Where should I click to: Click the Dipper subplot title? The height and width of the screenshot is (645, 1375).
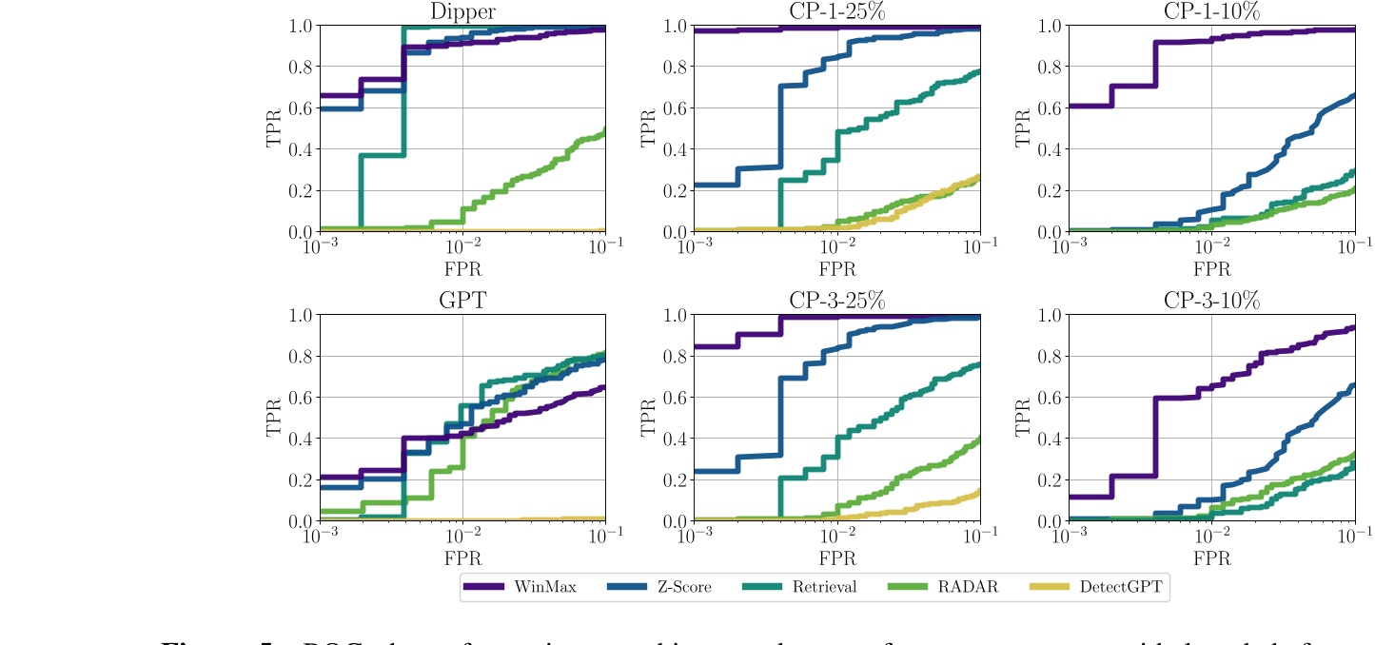click(462, 11)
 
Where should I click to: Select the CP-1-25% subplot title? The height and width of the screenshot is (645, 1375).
click(836, 11)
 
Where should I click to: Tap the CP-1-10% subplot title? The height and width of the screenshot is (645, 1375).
click(1210, 11)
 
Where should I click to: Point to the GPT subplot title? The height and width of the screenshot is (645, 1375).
click(462, 302)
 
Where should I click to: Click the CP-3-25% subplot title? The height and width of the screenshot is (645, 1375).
click(836, 302)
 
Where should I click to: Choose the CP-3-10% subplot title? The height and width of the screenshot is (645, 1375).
click(1210, 302)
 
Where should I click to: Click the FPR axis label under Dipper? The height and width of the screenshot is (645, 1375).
click(462, 268)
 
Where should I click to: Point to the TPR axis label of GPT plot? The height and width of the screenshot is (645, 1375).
click(275, 419)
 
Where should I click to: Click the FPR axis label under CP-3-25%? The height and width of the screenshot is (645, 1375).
click(836, 558)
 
